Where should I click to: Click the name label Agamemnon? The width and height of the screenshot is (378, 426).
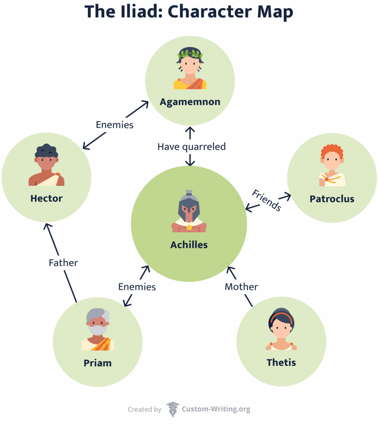(x=190, y=102)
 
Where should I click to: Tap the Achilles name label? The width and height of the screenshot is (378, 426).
(x=189, y=245)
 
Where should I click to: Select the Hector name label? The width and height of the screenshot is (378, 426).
(x=47, y=199)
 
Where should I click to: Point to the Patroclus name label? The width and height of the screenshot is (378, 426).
(x=332, y=199)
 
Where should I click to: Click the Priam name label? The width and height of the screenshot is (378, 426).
(x=98, y=363)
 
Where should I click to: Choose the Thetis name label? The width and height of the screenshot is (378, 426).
(x=281, y=362)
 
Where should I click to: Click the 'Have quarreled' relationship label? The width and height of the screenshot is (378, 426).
(x=191, y=147)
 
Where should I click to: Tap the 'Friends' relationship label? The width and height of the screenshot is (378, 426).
(x=267, y=200)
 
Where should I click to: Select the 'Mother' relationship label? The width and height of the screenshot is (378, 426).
(x=241, y=287)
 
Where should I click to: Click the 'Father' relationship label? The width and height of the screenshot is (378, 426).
(x=63, y=263)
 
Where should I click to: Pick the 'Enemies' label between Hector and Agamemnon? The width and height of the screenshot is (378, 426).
(x=115, y=125)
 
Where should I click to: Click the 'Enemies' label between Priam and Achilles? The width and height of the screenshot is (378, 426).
(x=137, y=287)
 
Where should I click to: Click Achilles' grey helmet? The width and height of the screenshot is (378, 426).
(x=189, y=202)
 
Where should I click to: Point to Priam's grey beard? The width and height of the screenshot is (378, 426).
(x=97, y=330)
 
